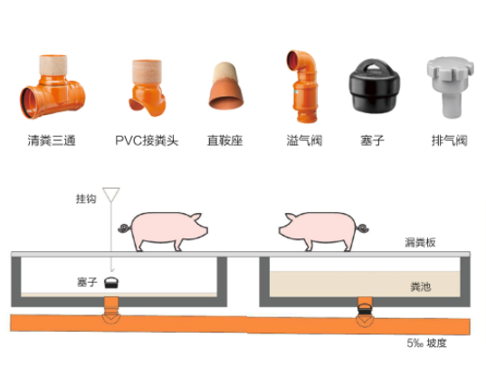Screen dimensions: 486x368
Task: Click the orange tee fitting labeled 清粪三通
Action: click(52, 89)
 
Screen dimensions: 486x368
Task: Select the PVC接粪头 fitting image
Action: click(147, 88)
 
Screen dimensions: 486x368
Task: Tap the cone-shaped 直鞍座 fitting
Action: click(225, 86)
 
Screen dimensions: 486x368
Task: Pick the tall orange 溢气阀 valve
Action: click(303, 86)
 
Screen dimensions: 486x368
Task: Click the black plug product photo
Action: click(374, 85)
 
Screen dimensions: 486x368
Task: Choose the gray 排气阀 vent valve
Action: click(450, 87)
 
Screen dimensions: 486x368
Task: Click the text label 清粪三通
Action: click(52, 140)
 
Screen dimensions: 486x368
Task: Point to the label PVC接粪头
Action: click(147, 140)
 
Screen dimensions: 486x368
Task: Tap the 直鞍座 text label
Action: click(225, 140)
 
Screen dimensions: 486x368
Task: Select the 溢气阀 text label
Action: click(304, 140)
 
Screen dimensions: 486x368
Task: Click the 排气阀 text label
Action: click(450, 140)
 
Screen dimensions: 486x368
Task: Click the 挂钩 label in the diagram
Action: click(86, 199)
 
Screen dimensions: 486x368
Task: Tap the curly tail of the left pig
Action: click(125, 228)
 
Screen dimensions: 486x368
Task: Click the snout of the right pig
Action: click(281, 231)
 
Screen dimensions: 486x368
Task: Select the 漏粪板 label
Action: click(420, 242)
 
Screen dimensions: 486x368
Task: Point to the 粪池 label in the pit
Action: click(421, 286)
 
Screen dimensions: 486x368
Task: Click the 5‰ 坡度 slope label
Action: click(427, 343)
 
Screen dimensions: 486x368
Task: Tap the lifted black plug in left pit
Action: click(111, 282)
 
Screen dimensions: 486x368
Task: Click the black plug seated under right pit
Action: click(365, 309)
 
